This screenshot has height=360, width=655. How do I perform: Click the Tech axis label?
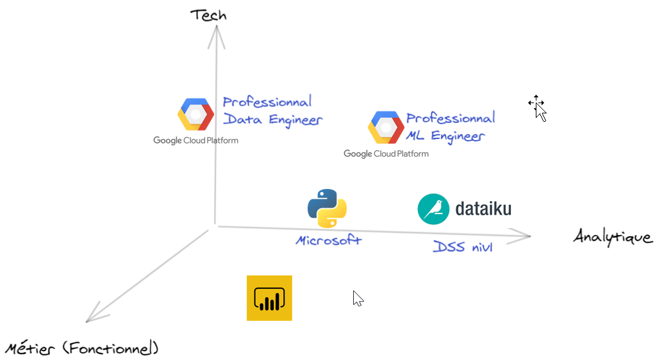(208, 14)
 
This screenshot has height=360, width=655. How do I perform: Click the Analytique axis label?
(613, 237)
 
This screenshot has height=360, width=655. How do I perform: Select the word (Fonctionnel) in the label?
(110, 349)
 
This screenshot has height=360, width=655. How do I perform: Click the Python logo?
(327, 209)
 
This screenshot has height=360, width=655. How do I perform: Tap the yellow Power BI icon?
(269, 298)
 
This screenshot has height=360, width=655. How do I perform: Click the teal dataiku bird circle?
(433, 209)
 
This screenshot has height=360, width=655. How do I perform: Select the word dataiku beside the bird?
(483, 209)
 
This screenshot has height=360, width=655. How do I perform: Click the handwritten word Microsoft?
(328, 241)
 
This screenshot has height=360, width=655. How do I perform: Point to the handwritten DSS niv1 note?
(462, 247)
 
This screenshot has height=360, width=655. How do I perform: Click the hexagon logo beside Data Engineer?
(195, 114)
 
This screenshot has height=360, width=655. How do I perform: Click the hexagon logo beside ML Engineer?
(386, 127)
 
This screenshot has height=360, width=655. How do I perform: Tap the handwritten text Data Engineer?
(272, 120)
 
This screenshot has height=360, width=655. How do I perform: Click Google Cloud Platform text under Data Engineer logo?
(195, 140)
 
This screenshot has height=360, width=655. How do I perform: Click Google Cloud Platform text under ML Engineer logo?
(386, 154)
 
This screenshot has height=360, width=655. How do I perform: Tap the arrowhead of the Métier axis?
(93, 316)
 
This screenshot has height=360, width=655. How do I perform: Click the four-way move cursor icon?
(536, 103)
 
